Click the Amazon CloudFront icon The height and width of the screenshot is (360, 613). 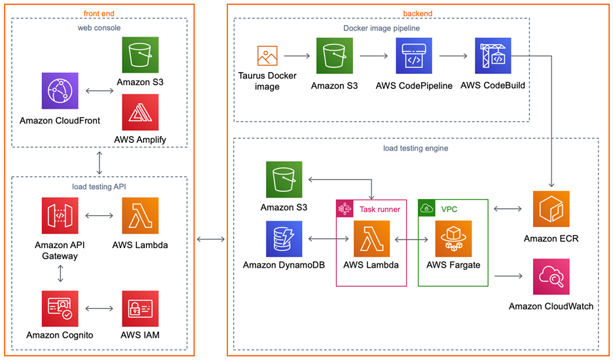coord(60,90)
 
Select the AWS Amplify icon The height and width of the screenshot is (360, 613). coord(140,112)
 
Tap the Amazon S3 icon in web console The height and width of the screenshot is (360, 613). coord(140,55)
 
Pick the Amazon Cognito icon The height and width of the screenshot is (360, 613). coord(60,308)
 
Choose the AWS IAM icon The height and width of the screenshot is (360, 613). coord(140,308)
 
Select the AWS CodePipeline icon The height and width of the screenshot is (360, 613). coord(414,56)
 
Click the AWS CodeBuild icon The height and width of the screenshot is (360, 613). coord(492,56)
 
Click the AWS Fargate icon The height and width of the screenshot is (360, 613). coord(453,238)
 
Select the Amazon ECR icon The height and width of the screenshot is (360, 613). coord(551,209)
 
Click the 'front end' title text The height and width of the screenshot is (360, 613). coord(100,14)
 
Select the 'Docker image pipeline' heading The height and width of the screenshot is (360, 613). coord(381,28)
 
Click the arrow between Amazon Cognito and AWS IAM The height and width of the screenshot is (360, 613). coord(100,308)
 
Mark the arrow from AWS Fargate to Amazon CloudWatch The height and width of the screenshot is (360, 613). coord(509,276)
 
